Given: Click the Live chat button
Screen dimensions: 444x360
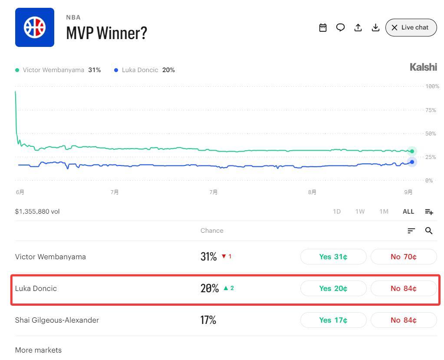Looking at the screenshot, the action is (x=411, y=27).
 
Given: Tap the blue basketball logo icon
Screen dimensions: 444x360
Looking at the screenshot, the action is (x=35, y=27).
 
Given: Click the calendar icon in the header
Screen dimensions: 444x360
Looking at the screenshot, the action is (x=323, y=27).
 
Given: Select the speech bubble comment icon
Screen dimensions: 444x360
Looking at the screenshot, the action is (x=340, y=27).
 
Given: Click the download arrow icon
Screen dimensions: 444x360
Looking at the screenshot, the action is (x=375, y=27).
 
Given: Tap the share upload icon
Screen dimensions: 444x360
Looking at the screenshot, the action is (x=358, y=27).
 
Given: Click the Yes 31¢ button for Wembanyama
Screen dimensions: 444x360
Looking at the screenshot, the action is (x=333, y=257).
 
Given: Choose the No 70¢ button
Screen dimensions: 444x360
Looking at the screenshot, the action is (x=404, y=257).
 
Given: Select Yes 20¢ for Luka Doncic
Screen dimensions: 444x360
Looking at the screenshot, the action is (x=333, y=288).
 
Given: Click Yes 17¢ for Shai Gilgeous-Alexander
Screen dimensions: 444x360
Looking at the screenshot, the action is (x=333, y=320).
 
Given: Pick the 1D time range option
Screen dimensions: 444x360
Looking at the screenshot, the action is (x=337, y=211).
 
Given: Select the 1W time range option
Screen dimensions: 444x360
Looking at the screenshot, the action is (x=360, y=211).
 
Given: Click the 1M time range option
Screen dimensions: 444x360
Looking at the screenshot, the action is (x=384, y=211).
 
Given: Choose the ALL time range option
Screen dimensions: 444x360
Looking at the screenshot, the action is (x=408, y=211).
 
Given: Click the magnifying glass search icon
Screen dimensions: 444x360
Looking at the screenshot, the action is (x=429, y=231).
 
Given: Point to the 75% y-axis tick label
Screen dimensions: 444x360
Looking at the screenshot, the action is (x=431, y=110).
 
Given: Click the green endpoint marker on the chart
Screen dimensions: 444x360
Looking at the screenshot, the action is (x=412, y=151).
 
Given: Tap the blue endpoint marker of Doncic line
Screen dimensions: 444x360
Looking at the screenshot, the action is (x=412, y=162).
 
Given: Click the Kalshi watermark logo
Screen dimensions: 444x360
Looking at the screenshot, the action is (x=423, y=67).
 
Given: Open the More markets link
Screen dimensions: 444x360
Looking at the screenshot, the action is (x=38, y=350).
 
